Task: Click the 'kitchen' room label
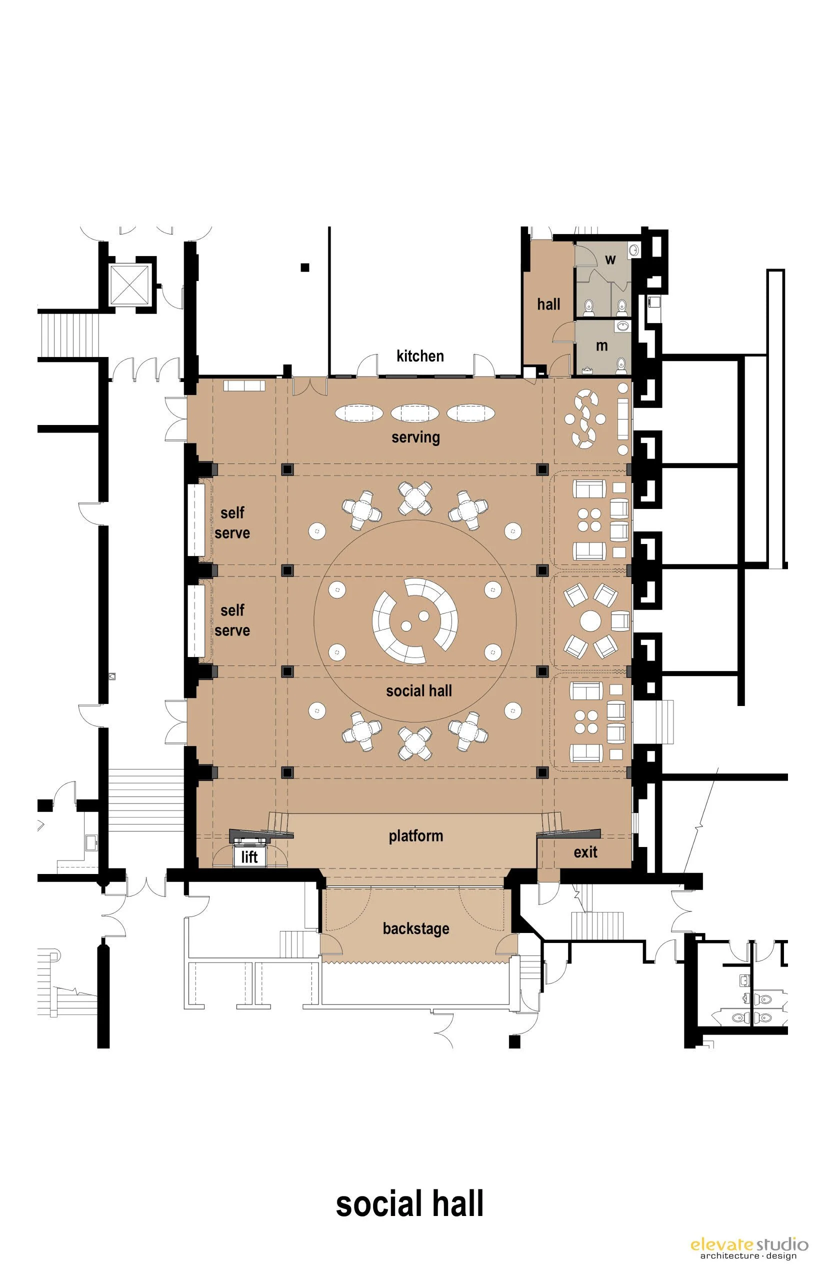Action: click(420, 355)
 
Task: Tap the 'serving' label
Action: click(415, 437)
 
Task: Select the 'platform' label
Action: click(415, 835)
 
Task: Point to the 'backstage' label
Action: click(415, 928)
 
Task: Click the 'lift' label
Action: click(249, 856)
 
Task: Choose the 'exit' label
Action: click(585, 852)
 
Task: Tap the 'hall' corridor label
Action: click(548, 304)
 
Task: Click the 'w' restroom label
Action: click(610, 260)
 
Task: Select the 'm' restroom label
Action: click(602, 345)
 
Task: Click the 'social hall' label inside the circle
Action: click(419, 691)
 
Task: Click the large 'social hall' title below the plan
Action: click(410, 1204)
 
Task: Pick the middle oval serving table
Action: click(414, 413)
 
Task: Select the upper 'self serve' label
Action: click(232, 523)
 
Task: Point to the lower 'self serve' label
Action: click(232, 620)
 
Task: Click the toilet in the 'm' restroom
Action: click(621, 365)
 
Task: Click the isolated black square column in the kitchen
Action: click(305, 267)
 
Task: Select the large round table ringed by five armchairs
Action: click(590, 621)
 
